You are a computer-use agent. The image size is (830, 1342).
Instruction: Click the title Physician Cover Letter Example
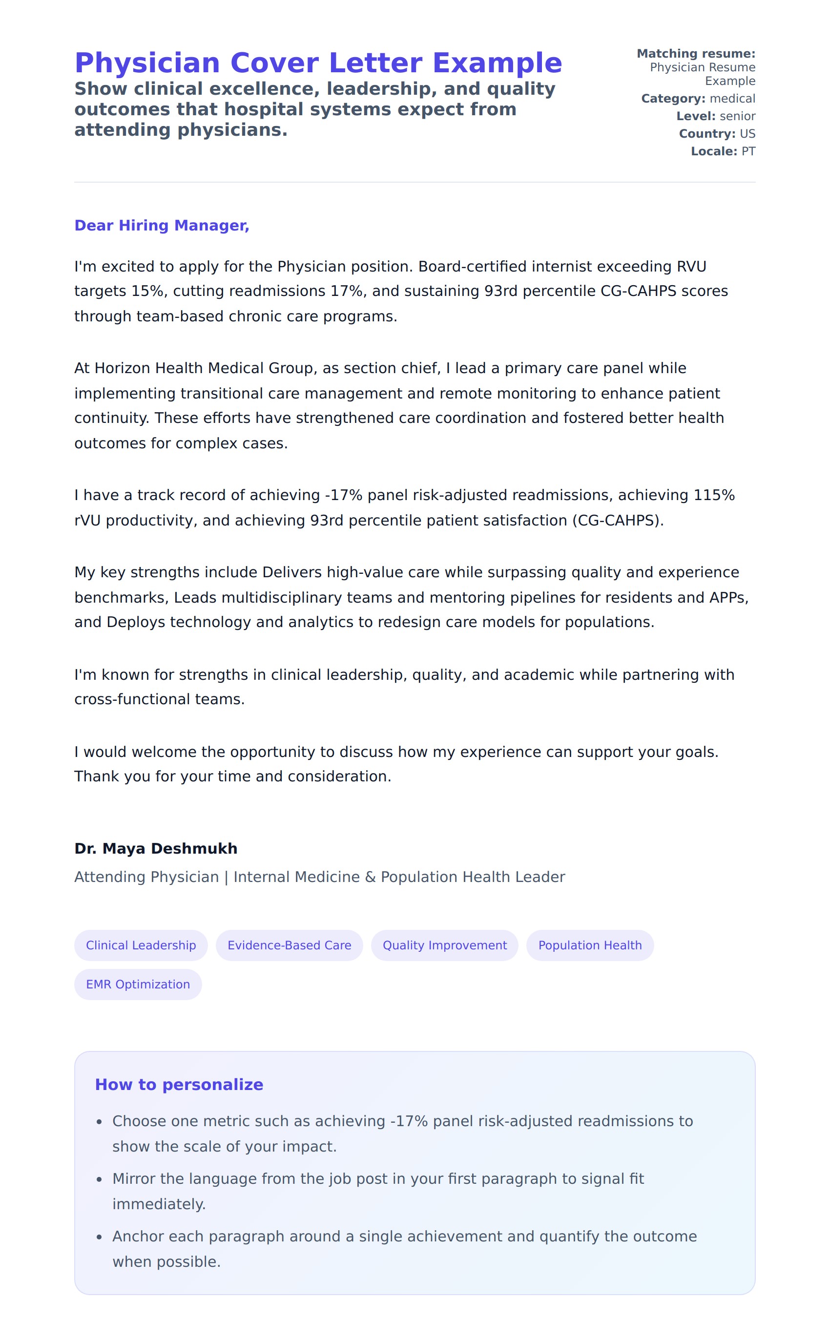(318, 63)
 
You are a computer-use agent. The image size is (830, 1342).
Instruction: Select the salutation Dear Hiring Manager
(162, 226)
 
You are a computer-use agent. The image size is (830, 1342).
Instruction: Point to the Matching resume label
(696, 54)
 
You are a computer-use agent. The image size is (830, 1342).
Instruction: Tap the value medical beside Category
(732, 99)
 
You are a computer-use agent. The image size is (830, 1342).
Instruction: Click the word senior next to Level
(737, 116)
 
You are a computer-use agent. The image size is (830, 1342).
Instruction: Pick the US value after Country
(747, 134)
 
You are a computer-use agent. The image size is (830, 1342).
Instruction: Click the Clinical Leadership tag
(141, 945)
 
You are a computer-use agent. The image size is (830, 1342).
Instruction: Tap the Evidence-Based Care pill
(290, 945)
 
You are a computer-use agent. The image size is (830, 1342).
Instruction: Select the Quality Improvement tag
(445, 945)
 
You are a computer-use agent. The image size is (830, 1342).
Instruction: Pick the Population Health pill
(590, 945)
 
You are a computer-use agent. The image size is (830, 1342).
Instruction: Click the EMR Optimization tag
(138, 984)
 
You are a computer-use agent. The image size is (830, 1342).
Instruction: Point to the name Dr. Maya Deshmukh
(156, 848)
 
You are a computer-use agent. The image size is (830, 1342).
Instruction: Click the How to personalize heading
(179, 1085)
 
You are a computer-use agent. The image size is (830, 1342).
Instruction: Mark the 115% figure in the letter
(714, 495)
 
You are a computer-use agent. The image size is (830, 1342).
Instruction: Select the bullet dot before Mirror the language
(100, 1179)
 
